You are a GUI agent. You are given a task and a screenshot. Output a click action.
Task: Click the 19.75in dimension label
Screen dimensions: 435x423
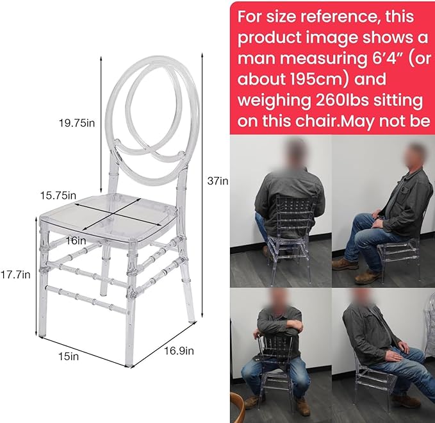[77, 122]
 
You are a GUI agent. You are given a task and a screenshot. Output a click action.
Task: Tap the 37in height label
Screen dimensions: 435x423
[218, 181]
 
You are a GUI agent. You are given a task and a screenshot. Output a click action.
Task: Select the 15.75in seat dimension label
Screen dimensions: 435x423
[58, 195]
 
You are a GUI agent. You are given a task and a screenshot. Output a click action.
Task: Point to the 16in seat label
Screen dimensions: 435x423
[76, 240]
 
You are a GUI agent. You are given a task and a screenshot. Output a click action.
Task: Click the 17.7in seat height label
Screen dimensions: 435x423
[15, 275]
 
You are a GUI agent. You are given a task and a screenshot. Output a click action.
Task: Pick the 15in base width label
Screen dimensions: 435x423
[69, 356]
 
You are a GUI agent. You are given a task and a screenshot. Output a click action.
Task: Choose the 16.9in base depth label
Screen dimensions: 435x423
[179, 351]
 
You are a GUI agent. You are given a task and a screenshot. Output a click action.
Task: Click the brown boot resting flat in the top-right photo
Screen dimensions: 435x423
[345, 264]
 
